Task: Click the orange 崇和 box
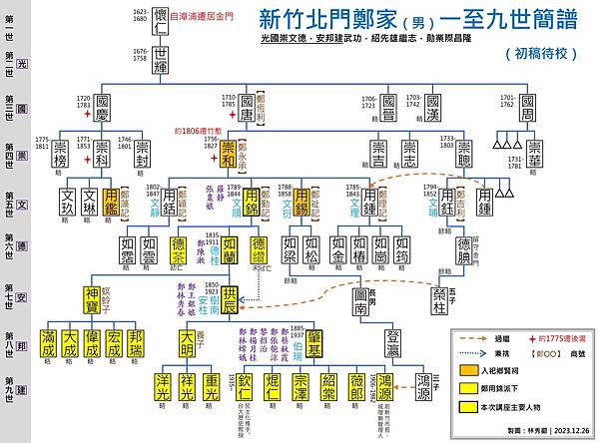coord(229,155)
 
